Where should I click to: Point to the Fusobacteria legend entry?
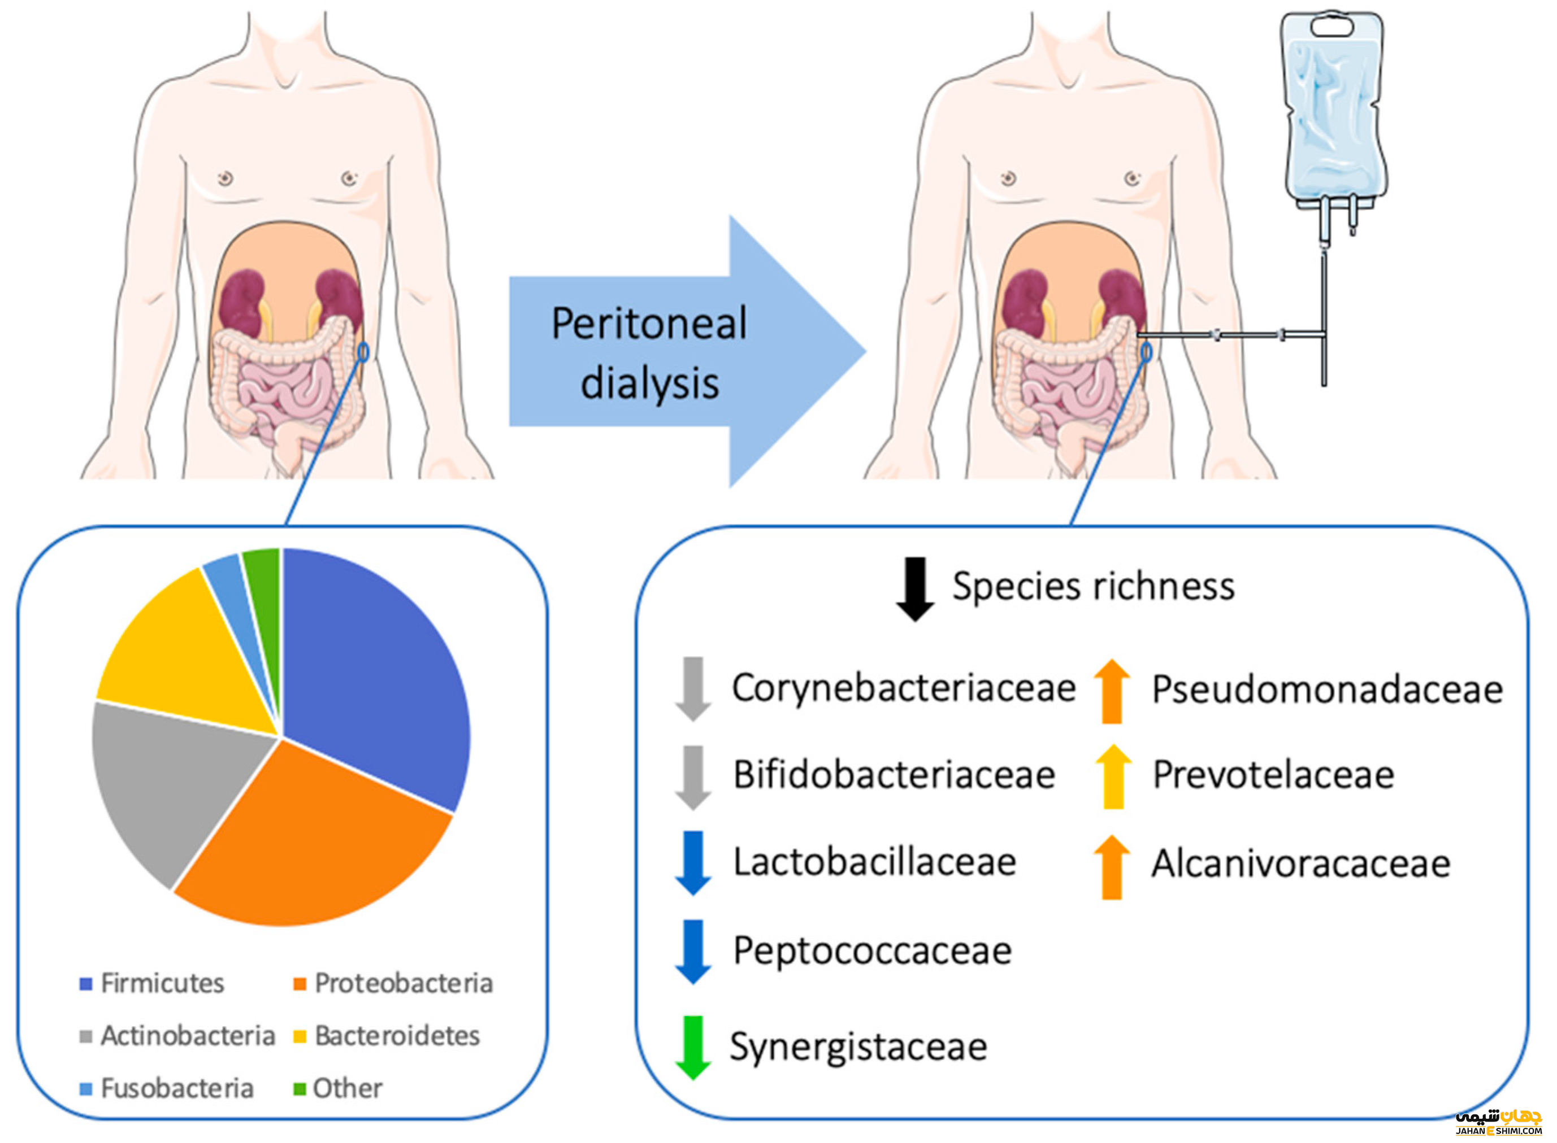[166, 1088]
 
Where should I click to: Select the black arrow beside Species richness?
[914, 588]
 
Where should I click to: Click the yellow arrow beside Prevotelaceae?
[1113, 776]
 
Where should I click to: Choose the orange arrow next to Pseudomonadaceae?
[1111, 691]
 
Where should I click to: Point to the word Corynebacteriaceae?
[904, 688]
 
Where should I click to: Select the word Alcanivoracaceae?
[1300, 863]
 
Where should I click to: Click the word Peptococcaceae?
[872, 950]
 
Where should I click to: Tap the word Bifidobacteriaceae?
[894, 775]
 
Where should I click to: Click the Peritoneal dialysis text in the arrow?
[649, 353]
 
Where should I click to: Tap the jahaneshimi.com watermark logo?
[1498, 1122]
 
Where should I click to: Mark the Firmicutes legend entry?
[152, 983]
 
